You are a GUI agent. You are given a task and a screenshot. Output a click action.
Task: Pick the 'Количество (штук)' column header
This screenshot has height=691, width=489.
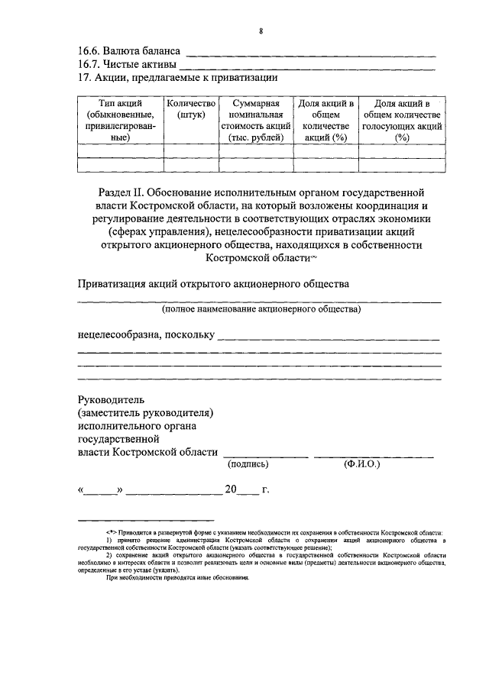[x=191, y=108]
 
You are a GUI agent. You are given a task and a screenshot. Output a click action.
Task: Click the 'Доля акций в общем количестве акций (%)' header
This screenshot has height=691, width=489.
[x=325, y=120]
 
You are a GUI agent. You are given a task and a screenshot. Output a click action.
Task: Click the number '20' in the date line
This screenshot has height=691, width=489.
[x=231, y=489]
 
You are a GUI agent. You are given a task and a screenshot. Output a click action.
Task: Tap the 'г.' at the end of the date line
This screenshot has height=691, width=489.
[x=265, y=489]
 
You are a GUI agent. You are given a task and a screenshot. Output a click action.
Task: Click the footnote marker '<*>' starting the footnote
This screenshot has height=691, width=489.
[x=112, y=531]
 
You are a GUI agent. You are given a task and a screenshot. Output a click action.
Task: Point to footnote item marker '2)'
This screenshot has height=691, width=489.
[x=109, y=554]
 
